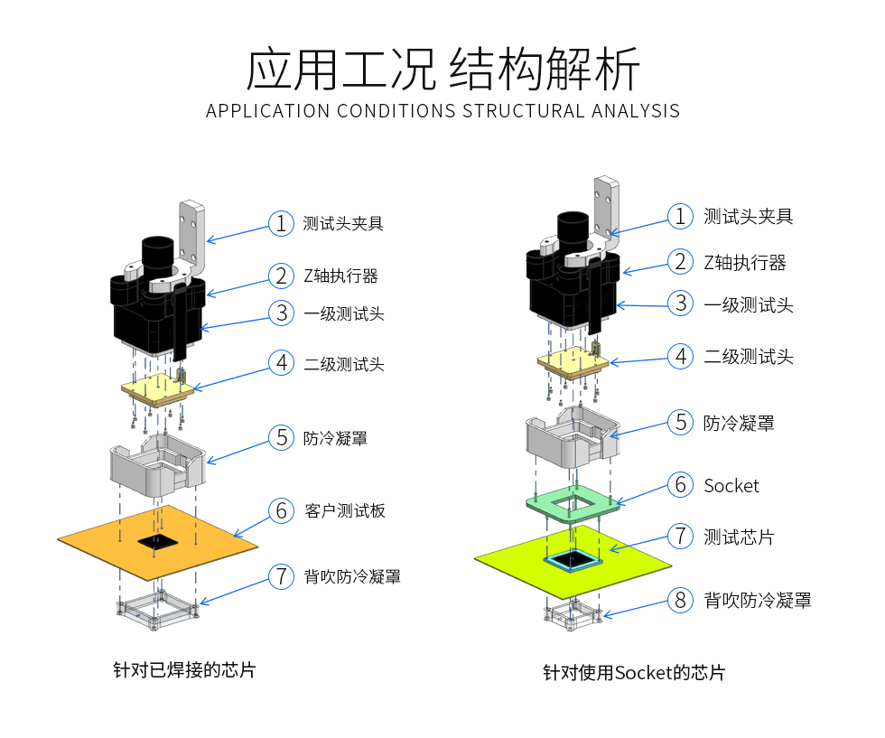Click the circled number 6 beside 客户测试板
pos(281,511)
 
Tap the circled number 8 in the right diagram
pos(680,600)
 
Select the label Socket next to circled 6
pos(731,486)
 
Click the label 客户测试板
pos(345,511)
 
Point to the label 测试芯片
pos(739,537)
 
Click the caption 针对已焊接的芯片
pos(184,670)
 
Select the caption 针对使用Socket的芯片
pos(634,672)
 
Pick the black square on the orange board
pos(158,542)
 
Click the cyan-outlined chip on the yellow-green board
pos(573,559)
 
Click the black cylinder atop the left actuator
pos(157,254)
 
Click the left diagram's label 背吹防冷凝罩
pos(352,576)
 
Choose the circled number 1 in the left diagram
pos(281,224)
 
